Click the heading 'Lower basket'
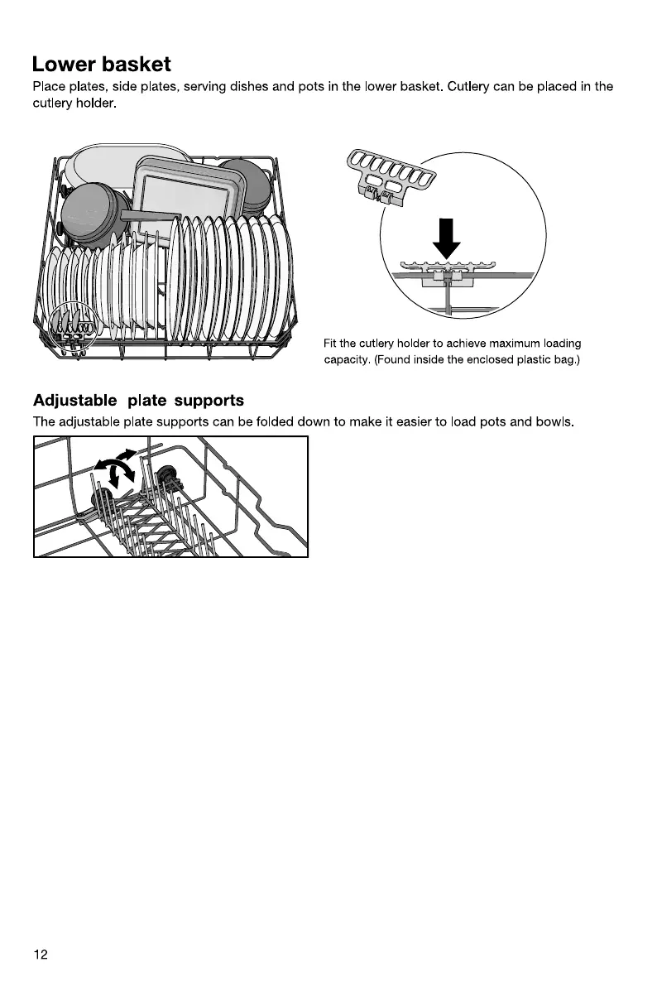pos(101,65)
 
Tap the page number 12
pos(41,955)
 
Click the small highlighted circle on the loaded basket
pos(70,326)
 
